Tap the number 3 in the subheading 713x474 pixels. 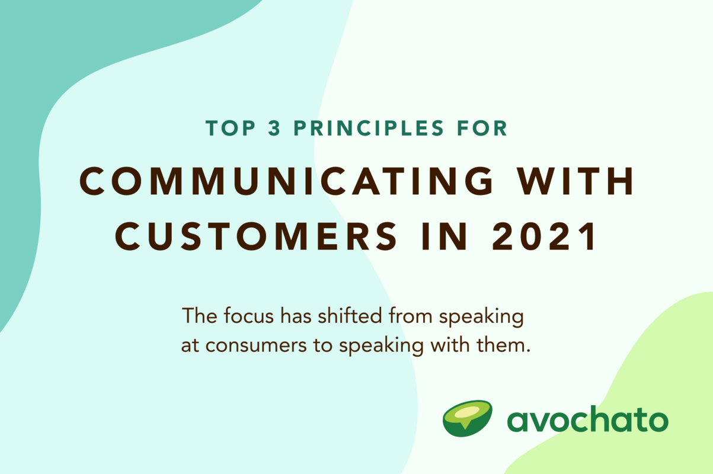click(274, 129)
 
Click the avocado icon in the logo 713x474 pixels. click(468, 418)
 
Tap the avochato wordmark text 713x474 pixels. click(587, 420)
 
